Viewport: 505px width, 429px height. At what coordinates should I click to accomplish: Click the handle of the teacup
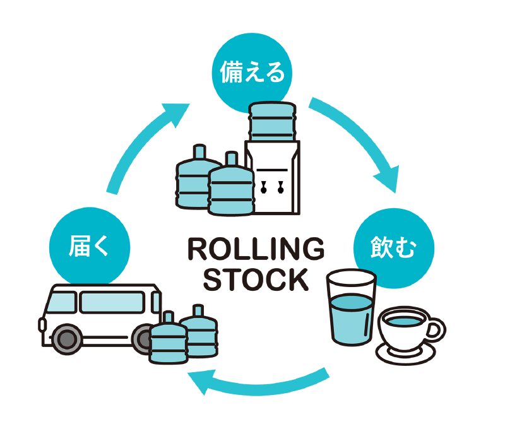(436, 328)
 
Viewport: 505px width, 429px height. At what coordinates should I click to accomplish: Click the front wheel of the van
(64, 340)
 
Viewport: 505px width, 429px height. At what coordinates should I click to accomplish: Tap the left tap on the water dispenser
(264, 186)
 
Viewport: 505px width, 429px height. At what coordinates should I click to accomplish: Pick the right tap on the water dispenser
(279, 186)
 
